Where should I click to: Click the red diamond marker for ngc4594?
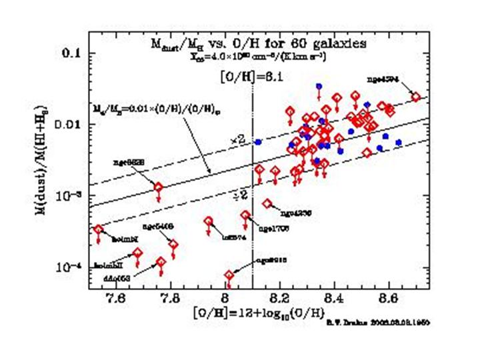click(x=416, y=97)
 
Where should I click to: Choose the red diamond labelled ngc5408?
click(x=174, y=244)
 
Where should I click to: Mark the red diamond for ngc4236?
click(x=268, y=203)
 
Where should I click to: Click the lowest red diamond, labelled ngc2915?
click(x=229, y=275)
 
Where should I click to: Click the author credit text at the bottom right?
click(x=377, y=322)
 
